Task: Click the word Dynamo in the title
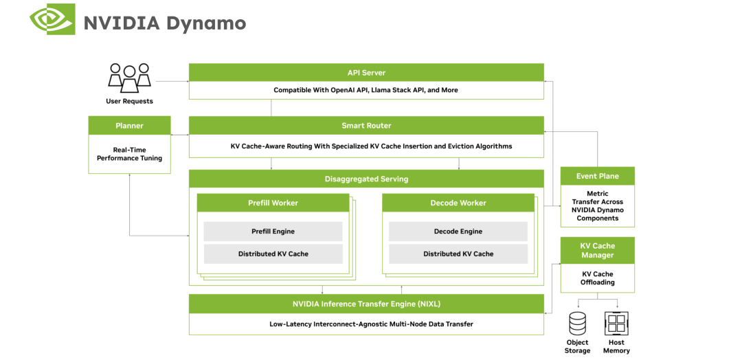205,23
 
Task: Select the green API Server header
366,72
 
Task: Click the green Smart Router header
366,126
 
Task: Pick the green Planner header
129,126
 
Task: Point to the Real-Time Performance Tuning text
129,154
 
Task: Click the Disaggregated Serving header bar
366,179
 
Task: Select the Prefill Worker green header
273,203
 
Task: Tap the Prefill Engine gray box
273,232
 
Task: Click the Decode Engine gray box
458,232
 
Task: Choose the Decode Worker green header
458,203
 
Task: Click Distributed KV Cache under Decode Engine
458,254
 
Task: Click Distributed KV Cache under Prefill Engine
273,254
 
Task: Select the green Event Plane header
597,176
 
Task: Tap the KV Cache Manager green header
597,250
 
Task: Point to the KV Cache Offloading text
597,278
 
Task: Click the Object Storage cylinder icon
577,323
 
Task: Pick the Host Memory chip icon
616,323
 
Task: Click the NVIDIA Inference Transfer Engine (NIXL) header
366,304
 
